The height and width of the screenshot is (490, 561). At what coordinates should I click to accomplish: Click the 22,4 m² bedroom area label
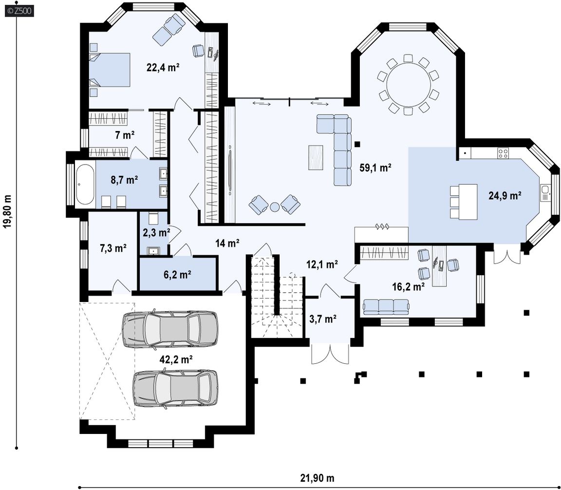pos(163,67)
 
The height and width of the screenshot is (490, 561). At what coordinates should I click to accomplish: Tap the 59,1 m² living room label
pos(375,168)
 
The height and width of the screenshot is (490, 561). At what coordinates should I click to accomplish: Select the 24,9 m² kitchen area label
pos(505,195)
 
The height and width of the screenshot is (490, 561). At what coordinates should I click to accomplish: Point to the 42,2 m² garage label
pos(176,359)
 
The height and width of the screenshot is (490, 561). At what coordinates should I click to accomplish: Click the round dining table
pos(408,85)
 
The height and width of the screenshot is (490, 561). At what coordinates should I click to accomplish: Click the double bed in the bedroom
pos(109,70)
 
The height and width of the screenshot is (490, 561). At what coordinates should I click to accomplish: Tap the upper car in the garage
pos(169,329)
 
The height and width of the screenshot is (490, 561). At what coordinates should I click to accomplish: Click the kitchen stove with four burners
pos(503,153)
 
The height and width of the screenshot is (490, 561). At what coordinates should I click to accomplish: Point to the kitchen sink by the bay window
pos(545,193)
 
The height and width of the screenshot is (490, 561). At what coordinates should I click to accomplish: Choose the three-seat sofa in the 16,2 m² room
pos(386,307)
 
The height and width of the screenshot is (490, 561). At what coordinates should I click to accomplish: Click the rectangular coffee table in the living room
pos(316,157)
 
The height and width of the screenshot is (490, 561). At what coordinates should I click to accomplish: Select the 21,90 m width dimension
pos(318,478)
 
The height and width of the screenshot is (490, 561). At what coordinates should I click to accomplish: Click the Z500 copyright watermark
pos(19,11)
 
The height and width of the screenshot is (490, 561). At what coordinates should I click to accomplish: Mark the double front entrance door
pos(330,354)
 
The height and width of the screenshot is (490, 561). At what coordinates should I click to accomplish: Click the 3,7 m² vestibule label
pos(323,319)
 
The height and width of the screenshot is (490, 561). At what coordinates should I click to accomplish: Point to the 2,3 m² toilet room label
pos(156,233)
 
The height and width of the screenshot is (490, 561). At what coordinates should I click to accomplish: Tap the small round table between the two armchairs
pos(275,207)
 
